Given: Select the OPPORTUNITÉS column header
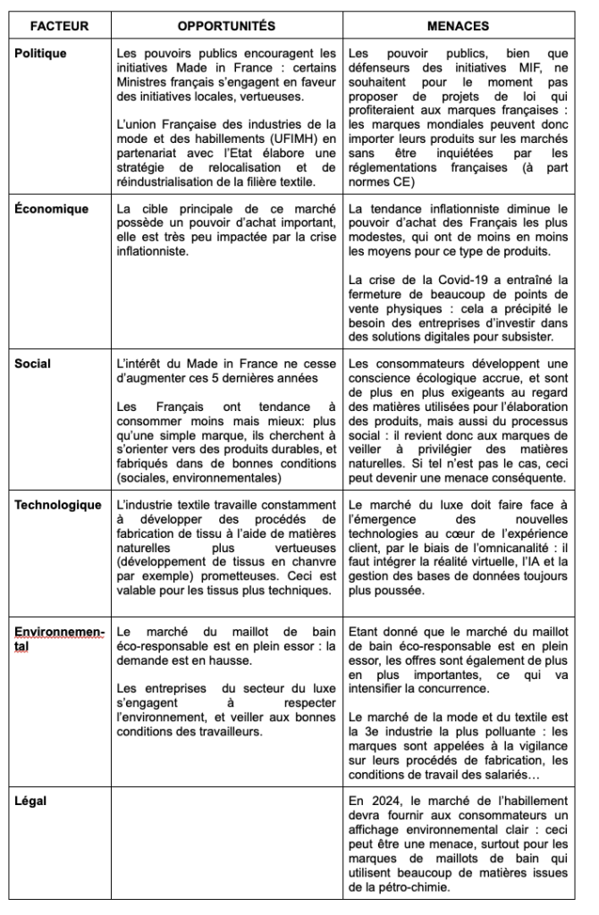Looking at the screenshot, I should [226, 26].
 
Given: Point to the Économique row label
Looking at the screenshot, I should [52, 209].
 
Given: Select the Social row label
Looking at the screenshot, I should [33, 364].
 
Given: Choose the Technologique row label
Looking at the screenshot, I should [58, 505].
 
